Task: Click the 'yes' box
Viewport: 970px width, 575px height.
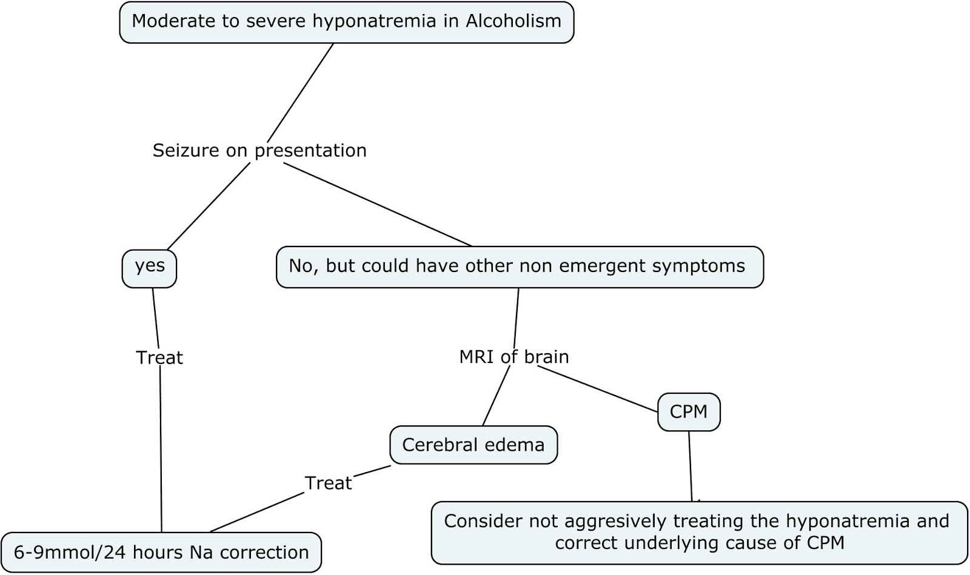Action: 149,268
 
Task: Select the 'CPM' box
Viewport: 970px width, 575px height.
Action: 689,412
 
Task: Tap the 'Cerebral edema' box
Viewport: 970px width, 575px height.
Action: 473,445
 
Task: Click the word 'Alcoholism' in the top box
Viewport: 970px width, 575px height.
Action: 513,21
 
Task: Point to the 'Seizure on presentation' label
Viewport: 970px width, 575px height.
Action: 259,150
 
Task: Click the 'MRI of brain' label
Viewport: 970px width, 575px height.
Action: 513,357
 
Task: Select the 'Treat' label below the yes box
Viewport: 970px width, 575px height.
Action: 159,358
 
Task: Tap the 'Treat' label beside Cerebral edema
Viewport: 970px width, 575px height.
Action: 328,483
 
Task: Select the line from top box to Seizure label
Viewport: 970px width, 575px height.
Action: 300,93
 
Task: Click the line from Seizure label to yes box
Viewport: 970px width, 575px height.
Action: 207,207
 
